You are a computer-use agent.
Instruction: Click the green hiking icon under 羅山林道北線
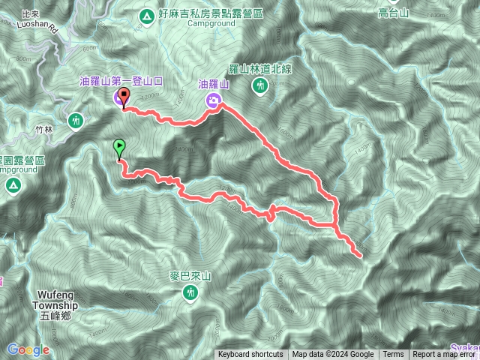point(260,87)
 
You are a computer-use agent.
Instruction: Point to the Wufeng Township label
point(55,300)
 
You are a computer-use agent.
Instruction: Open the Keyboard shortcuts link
point(250,355)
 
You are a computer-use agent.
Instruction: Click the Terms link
point(393,355)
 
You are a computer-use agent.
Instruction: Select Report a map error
point(443,355)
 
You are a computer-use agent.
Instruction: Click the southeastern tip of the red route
point(361,256)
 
